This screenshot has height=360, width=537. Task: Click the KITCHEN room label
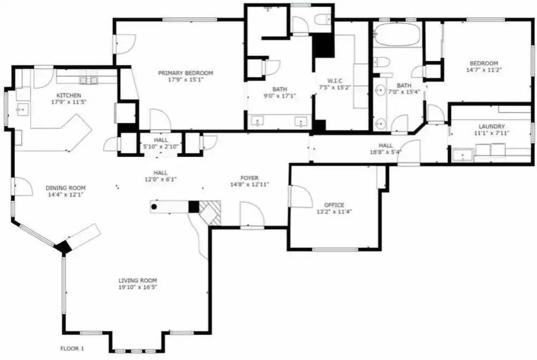[69, 95]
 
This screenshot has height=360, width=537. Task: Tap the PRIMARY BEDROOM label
[186, 73]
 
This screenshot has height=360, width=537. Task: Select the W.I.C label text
[335, 81]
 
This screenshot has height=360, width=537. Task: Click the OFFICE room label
[334, 205]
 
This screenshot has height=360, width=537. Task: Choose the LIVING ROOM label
[137, 281]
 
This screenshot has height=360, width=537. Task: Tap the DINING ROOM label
[66, 188]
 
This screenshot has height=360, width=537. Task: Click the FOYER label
[249, 178]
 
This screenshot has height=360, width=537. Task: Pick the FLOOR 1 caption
[72, 349]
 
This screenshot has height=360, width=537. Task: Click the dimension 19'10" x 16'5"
[137, 288]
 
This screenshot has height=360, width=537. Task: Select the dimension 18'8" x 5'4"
[386, 152]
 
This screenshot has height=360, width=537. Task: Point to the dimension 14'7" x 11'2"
[484, 70]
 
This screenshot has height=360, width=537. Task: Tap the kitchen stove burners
[89, 80]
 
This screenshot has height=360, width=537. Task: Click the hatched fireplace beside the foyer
[210, 213]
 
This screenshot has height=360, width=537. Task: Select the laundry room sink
[462, 156]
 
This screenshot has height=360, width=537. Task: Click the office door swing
[300, 196]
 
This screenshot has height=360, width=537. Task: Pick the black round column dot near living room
[154, 207]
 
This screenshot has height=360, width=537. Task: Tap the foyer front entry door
[252, 215]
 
